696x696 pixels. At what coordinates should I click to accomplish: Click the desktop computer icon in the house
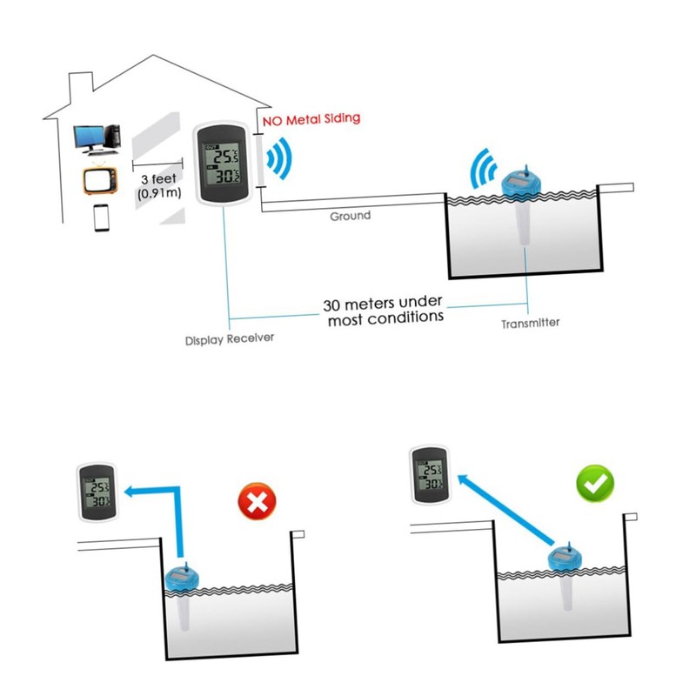click(x=95, y=137)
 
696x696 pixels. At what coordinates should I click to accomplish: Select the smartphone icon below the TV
click(x=102, y=217)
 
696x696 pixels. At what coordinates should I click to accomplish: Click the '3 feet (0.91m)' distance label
click(x=159, y=185)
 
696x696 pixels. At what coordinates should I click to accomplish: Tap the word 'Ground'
click(x=350, y=215)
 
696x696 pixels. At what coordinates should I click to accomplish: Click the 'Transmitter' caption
click(x=530, y=324)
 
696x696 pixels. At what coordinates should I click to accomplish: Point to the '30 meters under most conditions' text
click(x=383, y=311)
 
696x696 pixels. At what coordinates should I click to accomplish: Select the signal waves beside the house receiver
click(x=278, y=159)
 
